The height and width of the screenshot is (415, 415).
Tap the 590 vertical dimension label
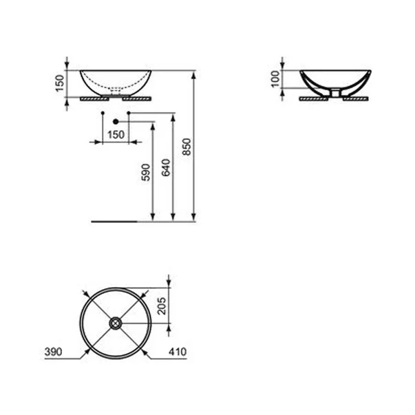pos(145,172)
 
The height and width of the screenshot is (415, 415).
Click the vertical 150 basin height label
pos(59,83)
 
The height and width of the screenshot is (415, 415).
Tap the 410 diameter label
pos(178,352)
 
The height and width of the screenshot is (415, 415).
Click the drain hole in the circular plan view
pos(115,321)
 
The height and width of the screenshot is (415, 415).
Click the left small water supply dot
pos(102,111)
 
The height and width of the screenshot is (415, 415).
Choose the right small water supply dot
pos(129,111)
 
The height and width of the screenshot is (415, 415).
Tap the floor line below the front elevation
pos(117,222)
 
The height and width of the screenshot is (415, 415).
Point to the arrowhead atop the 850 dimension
pos(196,74)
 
